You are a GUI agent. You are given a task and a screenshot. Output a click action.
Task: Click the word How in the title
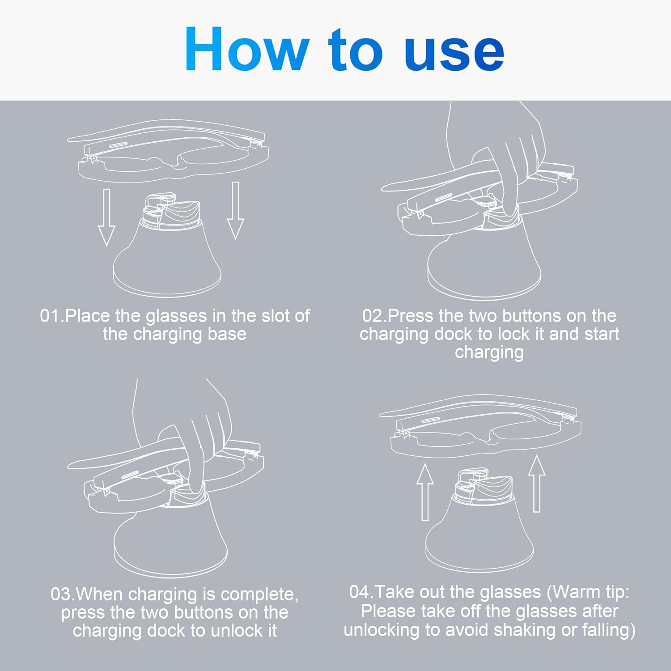(x=247, y=49)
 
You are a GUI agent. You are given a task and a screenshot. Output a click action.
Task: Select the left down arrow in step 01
(x=106, y=217)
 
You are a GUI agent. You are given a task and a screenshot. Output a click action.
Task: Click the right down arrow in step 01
(x=235, y=210)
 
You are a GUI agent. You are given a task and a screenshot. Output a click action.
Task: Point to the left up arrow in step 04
(x=425, y=492)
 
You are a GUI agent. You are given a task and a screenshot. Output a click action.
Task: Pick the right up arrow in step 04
(x=537, y=484)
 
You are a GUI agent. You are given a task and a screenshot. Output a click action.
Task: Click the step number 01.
(x=50, y=316)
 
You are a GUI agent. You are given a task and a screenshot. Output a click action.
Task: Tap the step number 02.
(x=373, y=316)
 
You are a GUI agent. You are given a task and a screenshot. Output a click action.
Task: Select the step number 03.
(x=61, y=595)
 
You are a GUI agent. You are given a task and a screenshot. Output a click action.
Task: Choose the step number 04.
(x=360, y=592)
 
